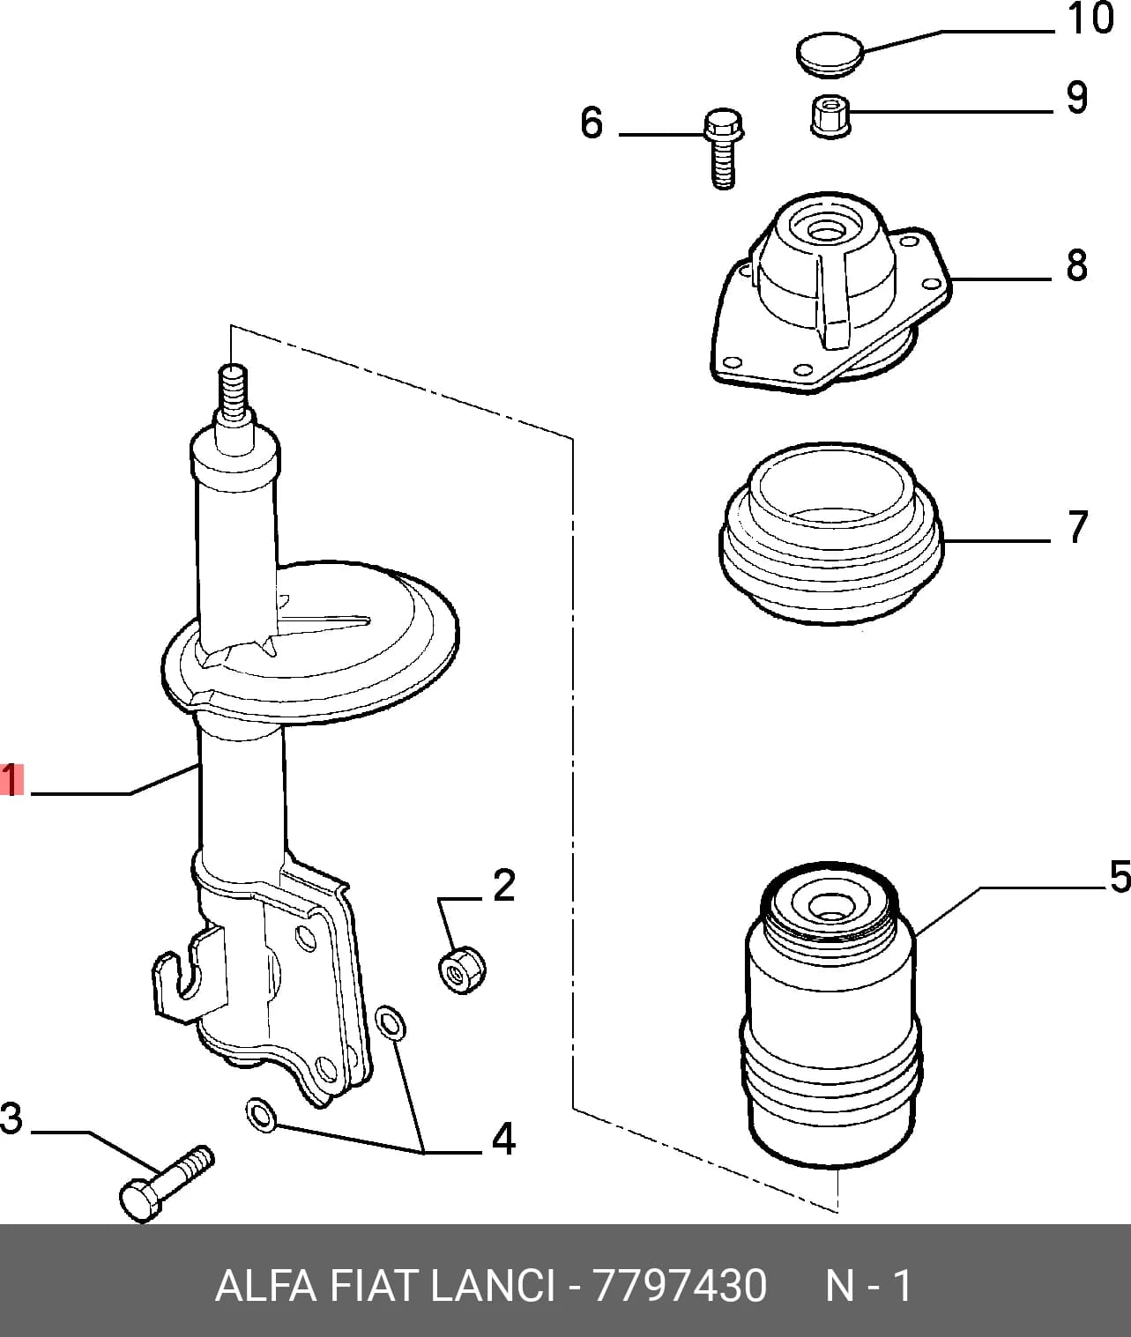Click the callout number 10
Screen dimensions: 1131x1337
click(1090, 19)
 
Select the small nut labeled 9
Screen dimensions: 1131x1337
click(830, 117)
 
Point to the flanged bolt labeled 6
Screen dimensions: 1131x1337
click(723, 148)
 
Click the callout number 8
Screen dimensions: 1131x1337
click(1077, 265)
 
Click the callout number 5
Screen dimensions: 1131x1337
click(1120, 877)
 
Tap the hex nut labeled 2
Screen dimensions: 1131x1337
click(462, 969)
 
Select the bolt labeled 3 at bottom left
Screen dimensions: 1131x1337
click(167, 1185)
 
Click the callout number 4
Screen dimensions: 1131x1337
click(503, 1139)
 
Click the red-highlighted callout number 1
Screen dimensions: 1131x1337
click(11, 779)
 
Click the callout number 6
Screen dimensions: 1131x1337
click(592, 123)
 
